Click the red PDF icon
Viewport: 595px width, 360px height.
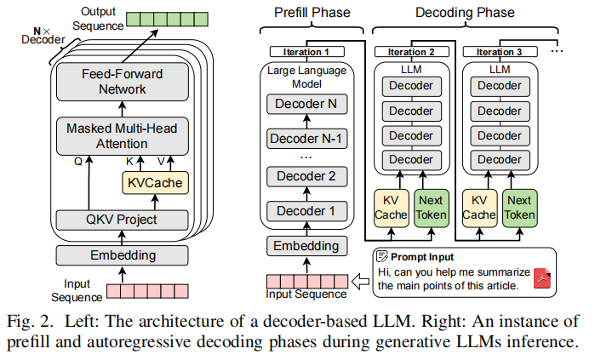542,278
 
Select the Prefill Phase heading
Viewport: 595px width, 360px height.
309,13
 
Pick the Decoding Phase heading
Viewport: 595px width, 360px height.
464,13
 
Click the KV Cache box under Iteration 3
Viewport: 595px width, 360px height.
478,207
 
